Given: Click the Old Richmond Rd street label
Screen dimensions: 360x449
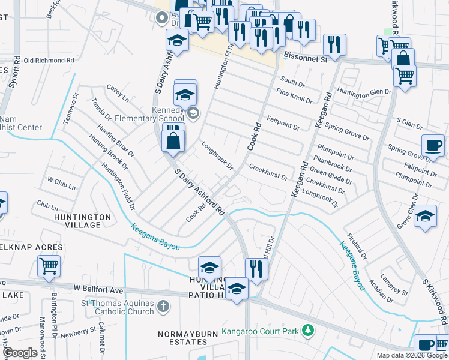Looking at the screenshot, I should pos(49,61).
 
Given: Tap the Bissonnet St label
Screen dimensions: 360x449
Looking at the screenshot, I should pos(306,59).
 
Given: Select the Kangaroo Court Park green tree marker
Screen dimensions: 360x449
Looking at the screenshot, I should pos(308,330).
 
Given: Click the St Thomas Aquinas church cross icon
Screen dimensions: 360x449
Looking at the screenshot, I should pos(161,307).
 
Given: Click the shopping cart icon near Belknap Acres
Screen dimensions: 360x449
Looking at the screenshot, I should pos(49,265).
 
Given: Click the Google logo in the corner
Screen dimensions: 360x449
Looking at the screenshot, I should pos(21,353).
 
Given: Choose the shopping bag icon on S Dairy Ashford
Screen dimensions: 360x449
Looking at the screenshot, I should pos(173,142).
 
